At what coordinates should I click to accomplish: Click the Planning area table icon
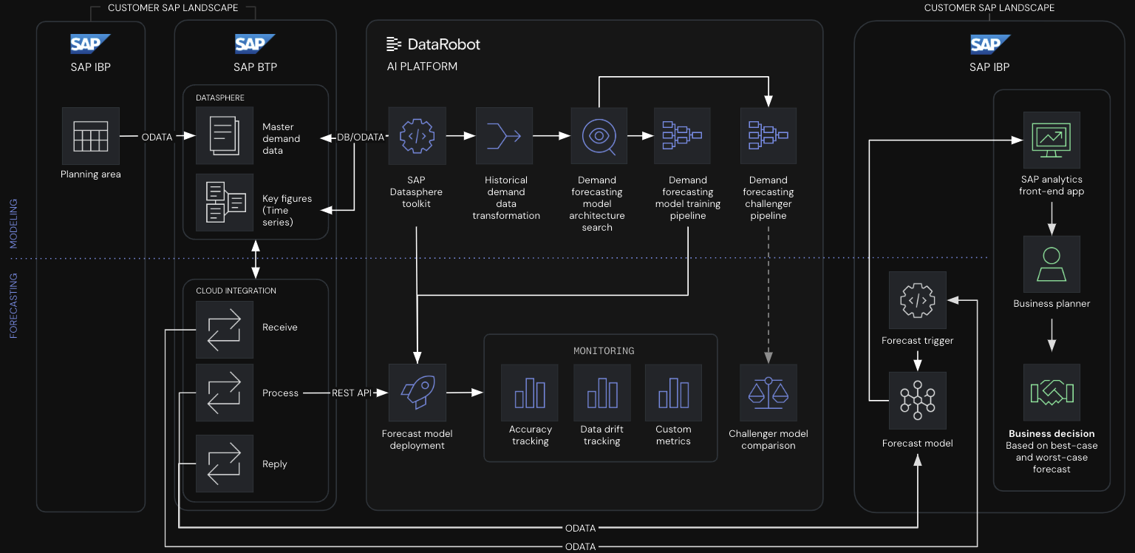click(91, 136)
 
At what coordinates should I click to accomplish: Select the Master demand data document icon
click(225, 135)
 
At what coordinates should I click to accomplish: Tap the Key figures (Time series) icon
click(225, 202)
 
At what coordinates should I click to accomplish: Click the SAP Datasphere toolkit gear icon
click(417, 136)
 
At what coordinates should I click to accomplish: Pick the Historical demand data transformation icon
click(504, 136)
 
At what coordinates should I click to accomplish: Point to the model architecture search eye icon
click(599, 136)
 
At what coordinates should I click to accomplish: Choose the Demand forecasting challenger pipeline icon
click(768, 136)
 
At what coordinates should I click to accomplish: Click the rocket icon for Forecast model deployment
click(417, 392)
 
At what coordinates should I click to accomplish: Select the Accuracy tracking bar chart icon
click(530, 392)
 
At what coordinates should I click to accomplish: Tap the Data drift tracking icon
click(602, 392)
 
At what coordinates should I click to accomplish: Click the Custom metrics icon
click(673, 392)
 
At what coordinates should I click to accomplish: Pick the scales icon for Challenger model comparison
click(768, 392)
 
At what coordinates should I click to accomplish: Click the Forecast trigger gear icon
click(918, 300)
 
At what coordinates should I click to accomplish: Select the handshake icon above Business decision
click(1052, 392)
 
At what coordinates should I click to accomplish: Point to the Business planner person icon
click(1052, 264)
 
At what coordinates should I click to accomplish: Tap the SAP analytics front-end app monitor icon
click(1052, 140)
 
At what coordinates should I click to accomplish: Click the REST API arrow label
click(352, 393)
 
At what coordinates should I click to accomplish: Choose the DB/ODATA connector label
click(361, 138)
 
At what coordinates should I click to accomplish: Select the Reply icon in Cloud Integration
click(225, 464)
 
